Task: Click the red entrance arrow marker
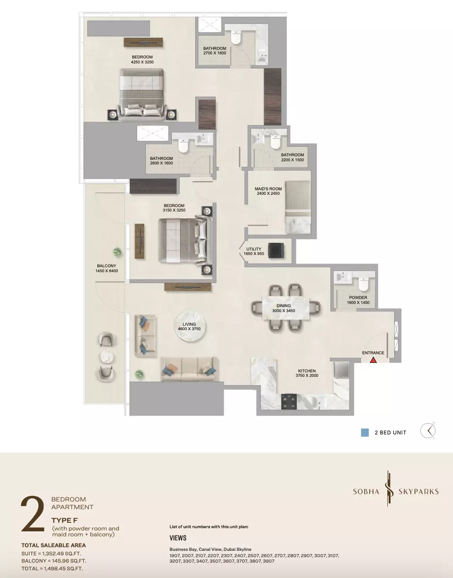click(x=373, y=360)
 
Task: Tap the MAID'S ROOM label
click(x=268, y=188)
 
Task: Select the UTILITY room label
click(x=254, y=249)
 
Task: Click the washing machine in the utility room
click(x=276, y=250)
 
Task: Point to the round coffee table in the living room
click(x=189, y=327)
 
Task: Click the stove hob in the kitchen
click(x=289, y=402)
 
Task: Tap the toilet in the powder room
click(x=364, y=284)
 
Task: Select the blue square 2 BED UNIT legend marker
click(x=365, y=433)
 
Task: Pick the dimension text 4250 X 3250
click(x=142, y=62)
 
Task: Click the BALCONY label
click(x=106, y=266)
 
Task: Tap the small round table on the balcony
click(x=106, y=357)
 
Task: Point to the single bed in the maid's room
click(x=298, y=207)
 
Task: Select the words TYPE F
click(x=65, y=520)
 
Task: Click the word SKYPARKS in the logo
click(x=419, y=491)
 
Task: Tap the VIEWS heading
click(x=178, y=538)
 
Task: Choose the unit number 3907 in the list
click(x=268, y=561)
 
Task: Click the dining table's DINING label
click(x=284, y=306)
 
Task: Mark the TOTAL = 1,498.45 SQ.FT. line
click(x=52, y=568)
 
